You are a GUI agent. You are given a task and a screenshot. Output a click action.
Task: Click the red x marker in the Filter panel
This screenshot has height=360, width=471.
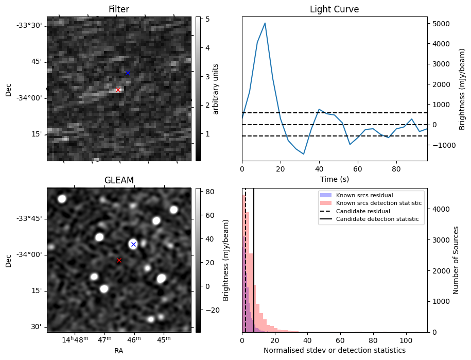[118, 90]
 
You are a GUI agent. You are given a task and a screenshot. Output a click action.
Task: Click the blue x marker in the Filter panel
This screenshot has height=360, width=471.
[128, 73]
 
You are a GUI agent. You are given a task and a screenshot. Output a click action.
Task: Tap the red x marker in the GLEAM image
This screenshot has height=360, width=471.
[119, 260]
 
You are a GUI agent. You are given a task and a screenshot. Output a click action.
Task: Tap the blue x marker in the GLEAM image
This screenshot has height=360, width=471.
[133, 244]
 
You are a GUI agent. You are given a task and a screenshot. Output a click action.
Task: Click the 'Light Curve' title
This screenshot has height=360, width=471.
[334, 9]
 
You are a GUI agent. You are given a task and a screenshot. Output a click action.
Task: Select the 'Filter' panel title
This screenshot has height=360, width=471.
[119, 9]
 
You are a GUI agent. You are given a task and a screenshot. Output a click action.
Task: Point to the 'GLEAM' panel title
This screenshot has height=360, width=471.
[119, 180]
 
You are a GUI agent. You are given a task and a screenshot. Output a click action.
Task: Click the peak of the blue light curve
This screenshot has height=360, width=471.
[265, 23]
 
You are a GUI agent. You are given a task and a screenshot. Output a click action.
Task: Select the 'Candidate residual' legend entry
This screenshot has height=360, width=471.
[360, 212]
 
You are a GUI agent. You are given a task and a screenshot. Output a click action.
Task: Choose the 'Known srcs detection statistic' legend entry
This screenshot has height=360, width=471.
[378, 203]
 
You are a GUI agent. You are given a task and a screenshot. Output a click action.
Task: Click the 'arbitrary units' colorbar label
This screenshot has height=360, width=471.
[216, 89]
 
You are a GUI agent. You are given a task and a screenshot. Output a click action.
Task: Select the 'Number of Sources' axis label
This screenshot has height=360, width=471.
[456, 260]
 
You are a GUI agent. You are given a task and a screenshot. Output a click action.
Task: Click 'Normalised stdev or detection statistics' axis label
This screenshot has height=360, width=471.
[334, 350]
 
